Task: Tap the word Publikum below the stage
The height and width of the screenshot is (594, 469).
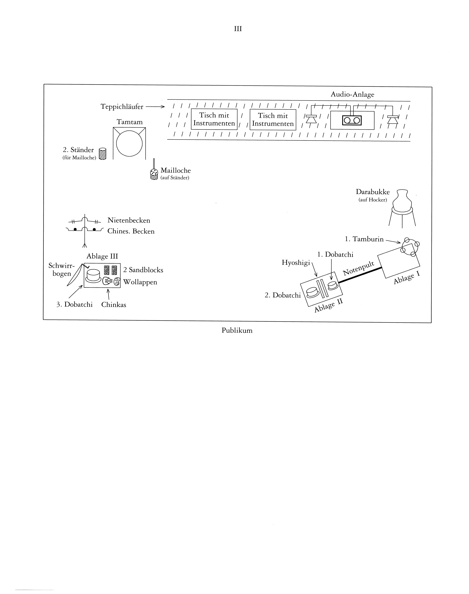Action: click(237, 330)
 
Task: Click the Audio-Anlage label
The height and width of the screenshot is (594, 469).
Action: click(352, 95)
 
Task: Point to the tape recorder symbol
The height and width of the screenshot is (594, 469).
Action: click(352, 120)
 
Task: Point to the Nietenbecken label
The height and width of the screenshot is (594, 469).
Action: click(129, 220)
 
